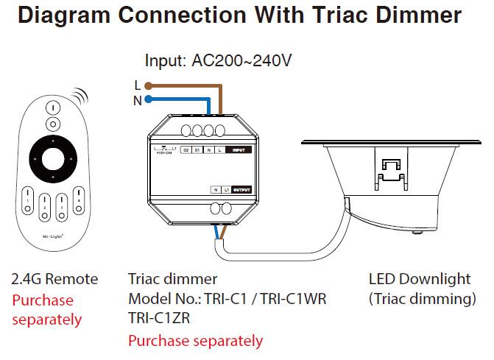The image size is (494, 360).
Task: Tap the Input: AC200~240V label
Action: tap(218, 60)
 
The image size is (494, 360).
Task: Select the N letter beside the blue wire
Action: tap(137, 100)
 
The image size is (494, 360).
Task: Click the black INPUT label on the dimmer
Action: tap(239, 150)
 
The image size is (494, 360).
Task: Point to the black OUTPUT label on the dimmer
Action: tap(241, 189)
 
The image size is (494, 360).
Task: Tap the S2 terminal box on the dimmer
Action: tap(186, 150)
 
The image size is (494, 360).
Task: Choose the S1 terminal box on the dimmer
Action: tap(197, 150)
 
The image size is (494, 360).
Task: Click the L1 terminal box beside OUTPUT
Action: tap(225, 189)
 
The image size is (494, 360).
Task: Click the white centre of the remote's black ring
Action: tap(52, 157)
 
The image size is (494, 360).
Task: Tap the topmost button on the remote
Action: tap(52, 107)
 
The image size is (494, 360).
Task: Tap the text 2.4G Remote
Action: tap(54, 279)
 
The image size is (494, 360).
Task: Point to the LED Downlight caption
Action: tap(419, 279)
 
